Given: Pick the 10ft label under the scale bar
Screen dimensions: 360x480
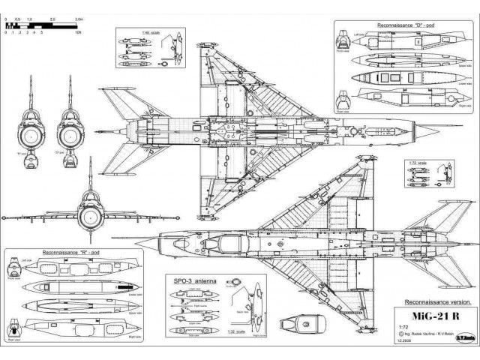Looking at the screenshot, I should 78,34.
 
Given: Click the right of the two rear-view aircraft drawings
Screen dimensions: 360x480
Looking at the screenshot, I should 69,130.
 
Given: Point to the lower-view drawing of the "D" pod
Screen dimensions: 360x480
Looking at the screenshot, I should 405,76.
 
